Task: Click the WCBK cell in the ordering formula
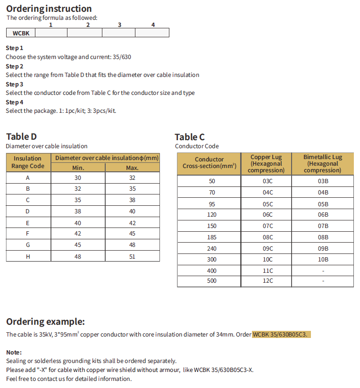point(21,33)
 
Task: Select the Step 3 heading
point(15,84)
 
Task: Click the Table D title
point(21,137)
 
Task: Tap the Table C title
point(190,137)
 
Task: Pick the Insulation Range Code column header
point(28,162)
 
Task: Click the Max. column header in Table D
point(132,168)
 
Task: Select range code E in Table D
point(28,223)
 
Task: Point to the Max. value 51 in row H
point(132,256)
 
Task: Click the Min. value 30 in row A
point(78,177)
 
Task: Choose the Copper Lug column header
point(267,163)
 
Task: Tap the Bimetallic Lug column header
point(323,163)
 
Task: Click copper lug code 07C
point(268,226)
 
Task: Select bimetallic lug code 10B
point(323,259)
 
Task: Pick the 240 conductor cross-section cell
point(212,248)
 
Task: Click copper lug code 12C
point(268,281)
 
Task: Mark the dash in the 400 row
point(323,270)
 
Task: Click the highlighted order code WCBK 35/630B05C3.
point(282,335)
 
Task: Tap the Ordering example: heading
point(45,321)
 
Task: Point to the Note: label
point(14,352)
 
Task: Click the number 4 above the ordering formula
point(153,25)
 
